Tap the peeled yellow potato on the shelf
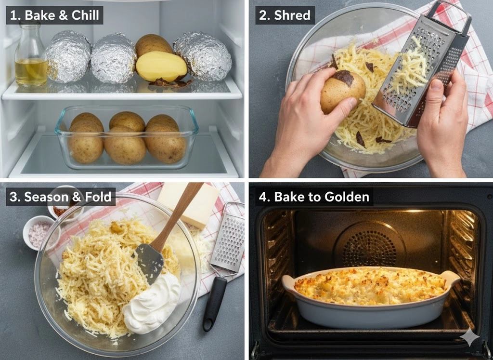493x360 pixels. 161,66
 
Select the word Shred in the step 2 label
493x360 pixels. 292,15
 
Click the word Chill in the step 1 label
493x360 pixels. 85,15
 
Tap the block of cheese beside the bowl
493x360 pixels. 189,204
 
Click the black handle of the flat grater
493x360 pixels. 214,303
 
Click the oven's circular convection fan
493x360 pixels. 369,248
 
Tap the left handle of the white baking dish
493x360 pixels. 289,281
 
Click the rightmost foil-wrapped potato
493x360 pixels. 203,56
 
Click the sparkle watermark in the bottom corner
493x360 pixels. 470,337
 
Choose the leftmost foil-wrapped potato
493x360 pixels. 68,57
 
